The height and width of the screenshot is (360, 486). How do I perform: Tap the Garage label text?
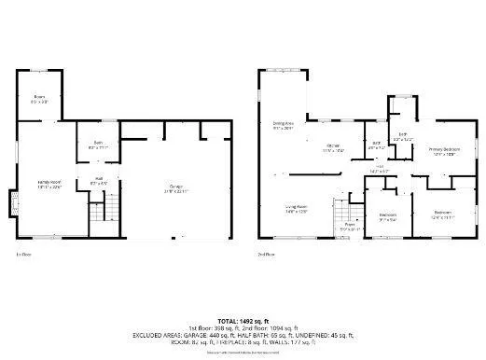176,187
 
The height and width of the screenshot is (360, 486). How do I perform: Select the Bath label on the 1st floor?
98,145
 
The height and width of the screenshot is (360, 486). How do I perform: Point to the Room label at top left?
40,99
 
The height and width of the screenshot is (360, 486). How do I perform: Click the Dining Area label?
284,126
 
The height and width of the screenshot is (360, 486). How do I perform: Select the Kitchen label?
332,146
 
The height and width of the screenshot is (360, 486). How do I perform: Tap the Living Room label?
298,210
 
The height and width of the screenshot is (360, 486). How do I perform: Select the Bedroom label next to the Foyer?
388,216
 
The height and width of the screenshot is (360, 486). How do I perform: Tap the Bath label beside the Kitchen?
376,146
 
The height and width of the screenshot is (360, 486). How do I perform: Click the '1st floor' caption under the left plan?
23,254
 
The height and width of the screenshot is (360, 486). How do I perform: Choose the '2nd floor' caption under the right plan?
267,254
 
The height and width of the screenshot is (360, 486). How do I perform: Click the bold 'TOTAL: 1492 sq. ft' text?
243,321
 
